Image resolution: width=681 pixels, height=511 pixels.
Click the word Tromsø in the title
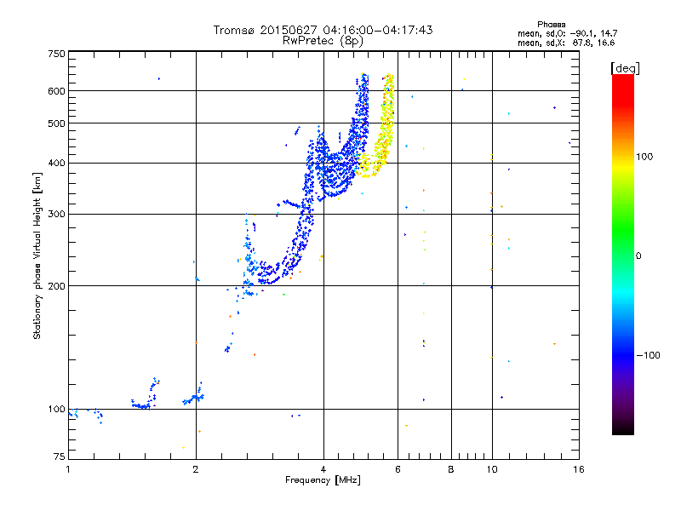coord(234,30)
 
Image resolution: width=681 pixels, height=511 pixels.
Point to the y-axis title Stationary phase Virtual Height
coord(37,255)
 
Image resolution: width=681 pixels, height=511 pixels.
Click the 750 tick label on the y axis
coord(56,54)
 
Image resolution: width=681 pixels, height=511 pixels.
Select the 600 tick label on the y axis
coord(56,91)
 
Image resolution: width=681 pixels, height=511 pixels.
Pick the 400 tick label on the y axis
coord(56,163)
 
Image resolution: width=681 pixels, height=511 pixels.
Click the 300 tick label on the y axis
coord(56,214)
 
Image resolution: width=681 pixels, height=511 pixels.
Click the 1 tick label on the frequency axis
coord(69,469)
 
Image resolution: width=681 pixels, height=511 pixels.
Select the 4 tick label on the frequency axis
coord(323,469)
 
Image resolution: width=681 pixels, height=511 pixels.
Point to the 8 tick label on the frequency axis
coord(451,469)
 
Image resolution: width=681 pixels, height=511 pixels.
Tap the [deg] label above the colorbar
coord(626,67)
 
